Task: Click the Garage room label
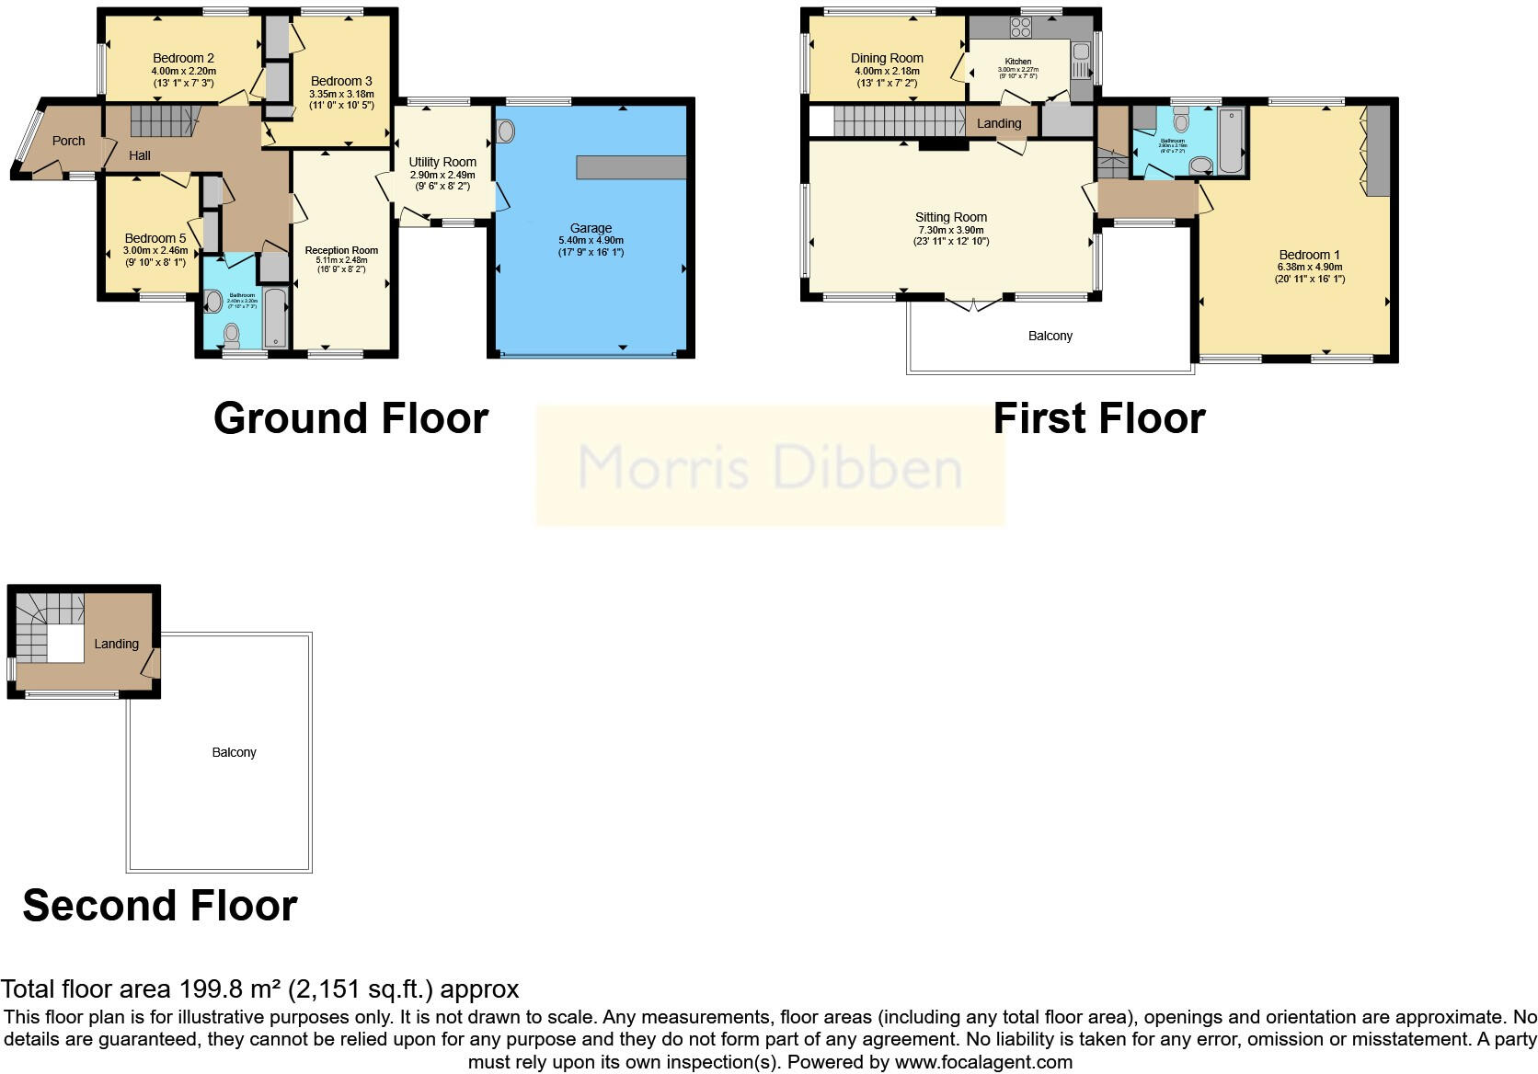tap(591, 228)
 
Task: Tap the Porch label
tap(68, 141)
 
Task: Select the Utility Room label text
tap(442, 162)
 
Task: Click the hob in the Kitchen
tap(1020, 28)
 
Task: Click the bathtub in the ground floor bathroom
tap(275, 318)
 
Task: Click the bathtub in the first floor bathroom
tap(1230, 140)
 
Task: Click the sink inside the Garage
tap(505, 131)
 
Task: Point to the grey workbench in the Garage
tap(631, 167)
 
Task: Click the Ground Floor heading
tap(350, 418)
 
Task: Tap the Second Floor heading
tap(160, 906)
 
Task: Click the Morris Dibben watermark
tap(770, 466)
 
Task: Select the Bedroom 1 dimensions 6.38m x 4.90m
tap(1309, 267)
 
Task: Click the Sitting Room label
tap(950, 218)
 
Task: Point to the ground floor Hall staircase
tap(164, 120)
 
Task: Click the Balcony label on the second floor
tap(234, 752)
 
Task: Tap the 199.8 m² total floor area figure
tap(228, 989)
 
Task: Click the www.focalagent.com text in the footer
tap(983, 1062)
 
